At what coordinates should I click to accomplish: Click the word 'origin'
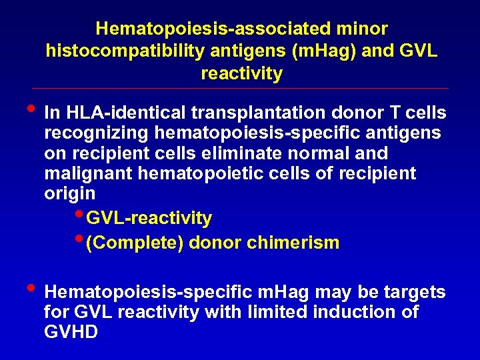pos(69,194)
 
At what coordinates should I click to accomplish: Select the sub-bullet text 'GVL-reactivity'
pos(149,218)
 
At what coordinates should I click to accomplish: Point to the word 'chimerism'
pos(293,243)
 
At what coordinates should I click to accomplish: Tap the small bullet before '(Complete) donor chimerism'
pos(80,238)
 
